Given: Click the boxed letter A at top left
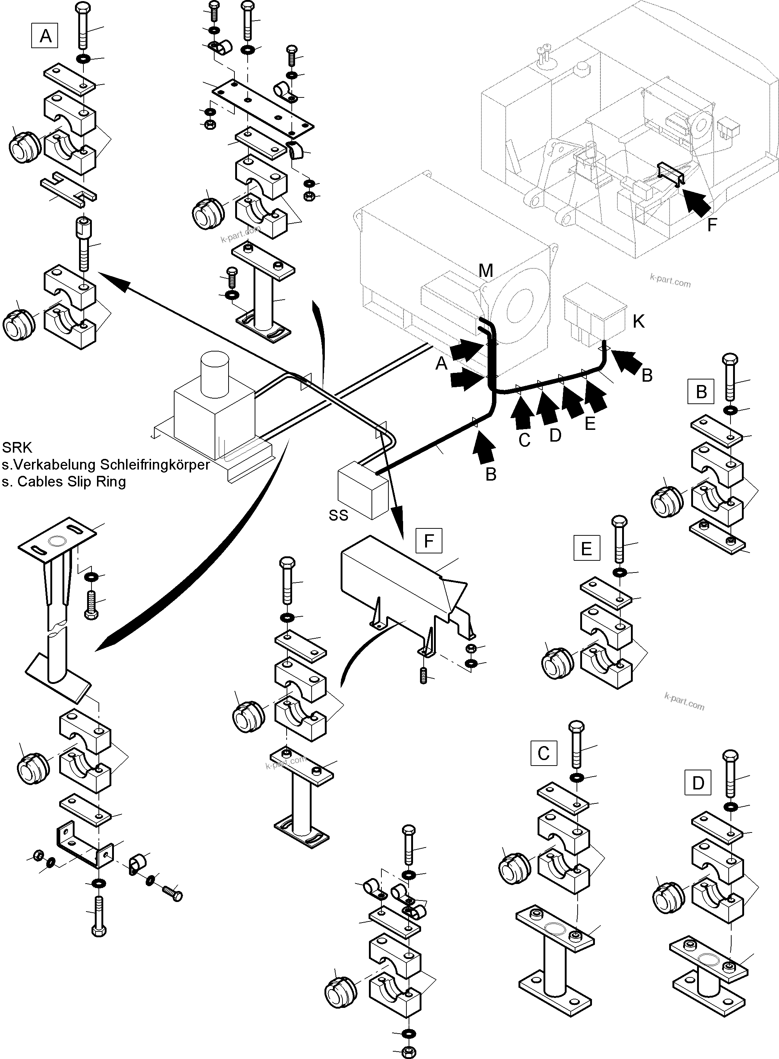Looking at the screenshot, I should pyautogui.click(x=45, y=36).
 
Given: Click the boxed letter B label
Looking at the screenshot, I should pyautogui.click(x=701, y=392).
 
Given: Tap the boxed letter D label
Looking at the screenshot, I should pyautogui.click(x=698, y=783).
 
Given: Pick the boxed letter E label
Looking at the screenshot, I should pyautogui.click(x=586, y=548).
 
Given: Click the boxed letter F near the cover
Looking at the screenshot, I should pyautogui.click(x=429, y=541).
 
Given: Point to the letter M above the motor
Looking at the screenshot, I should pyautogui.click(x=486, y=271).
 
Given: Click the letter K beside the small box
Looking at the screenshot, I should pyautogui.click(x=639, y=322).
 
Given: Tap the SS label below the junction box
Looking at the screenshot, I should pyautogui.click(x=338, y=515).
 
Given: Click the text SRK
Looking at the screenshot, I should pyautogui.click(x=17, y=447).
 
